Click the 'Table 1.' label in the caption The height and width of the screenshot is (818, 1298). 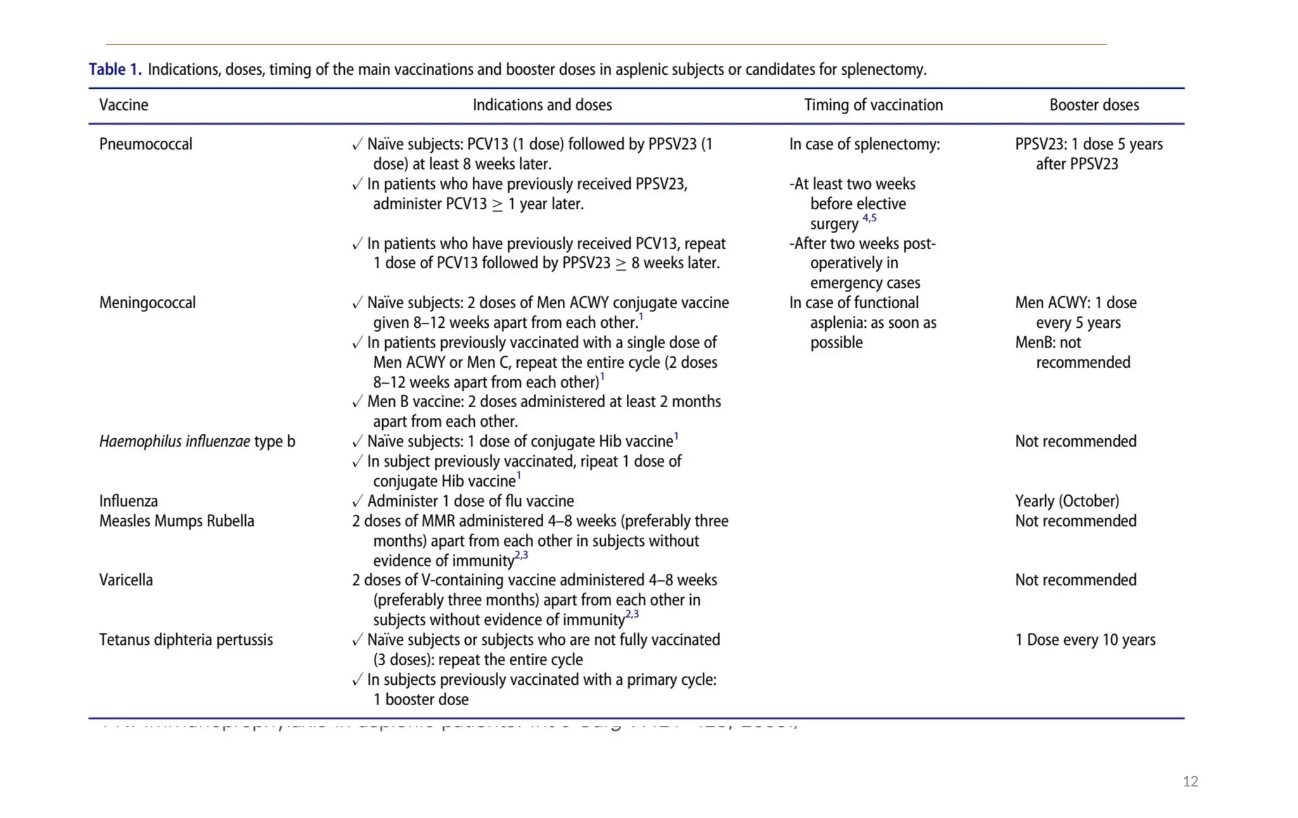pyautogui.click(x=115, y=69)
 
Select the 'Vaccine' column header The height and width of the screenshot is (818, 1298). pyautogui.click(x=124, y=105)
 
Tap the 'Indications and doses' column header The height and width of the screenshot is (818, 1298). pyautogui.click(x=542, y=105)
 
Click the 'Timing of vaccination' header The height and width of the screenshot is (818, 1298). pyautogui.click(x=873, y=105)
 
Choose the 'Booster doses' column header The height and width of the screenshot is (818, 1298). pyautogui.click(x=1094, y=105)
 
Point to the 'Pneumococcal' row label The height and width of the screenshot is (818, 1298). pyautogui.click(x=146, y=144)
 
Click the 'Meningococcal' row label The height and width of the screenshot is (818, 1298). pyautogui.click(x=148, y=302)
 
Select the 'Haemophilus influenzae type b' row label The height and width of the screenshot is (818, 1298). pyautogui.click(x=197, y=441)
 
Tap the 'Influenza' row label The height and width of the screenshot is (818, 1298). pyautogui.click(x=129, y=501)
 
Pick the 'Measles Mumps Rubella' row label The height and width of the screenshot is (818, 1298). pyautogui.click(x=177, y=521)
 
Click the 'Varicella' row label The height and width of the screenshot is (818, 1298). pyautogui.click(x=126, y=580)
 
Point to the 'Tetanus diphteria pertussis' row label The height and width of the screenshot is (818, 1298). pyautogui.click(x=186, y=639)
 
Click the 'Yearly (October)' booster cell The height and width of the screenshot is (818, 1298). pyautogui.click(x=1067, y=501)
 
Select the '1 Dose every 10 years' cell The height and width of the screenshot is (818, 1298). pyautogui.click(x=1085, y=639)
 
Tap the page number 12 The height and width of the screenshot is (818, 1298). pyautogui.click(x=1190, y=781)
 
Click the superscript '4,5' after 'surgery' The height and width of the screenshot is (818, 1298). pyautogui.click(x=870, y=218)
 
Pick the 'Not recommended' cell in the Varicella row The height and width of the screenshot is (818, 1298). pyautogui.click(x=1076, y=580)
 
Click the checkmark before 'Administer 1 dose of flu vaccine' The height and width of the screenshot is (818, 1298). pyautogui.click(x=357, y=502)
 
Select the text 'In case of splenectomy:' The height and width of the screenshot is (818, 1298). pyautogui.click(x=864, y=144)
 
